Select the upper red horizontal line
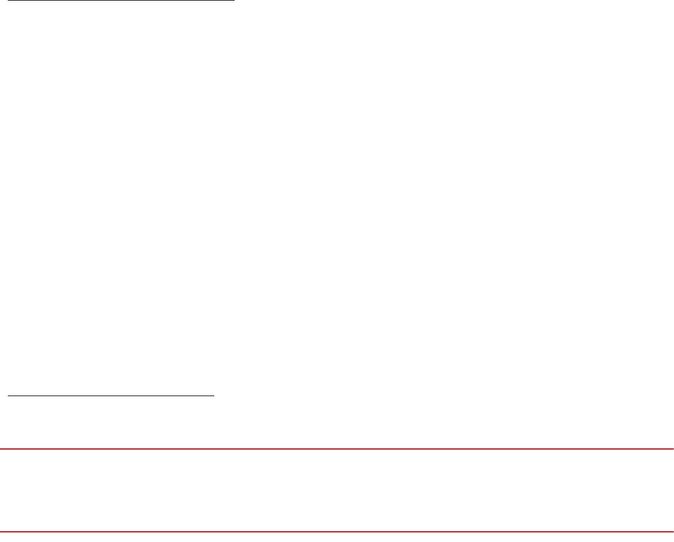click(337, 448)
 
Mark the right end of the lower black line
click(214, 396)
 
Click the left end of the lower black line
click(8, 396)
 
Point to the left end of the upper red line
click(1, 448)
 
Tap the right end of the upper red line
click(673, 448)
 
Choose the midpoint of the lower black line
click(111, 396)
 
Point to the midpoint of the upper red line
click(337, 448)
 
